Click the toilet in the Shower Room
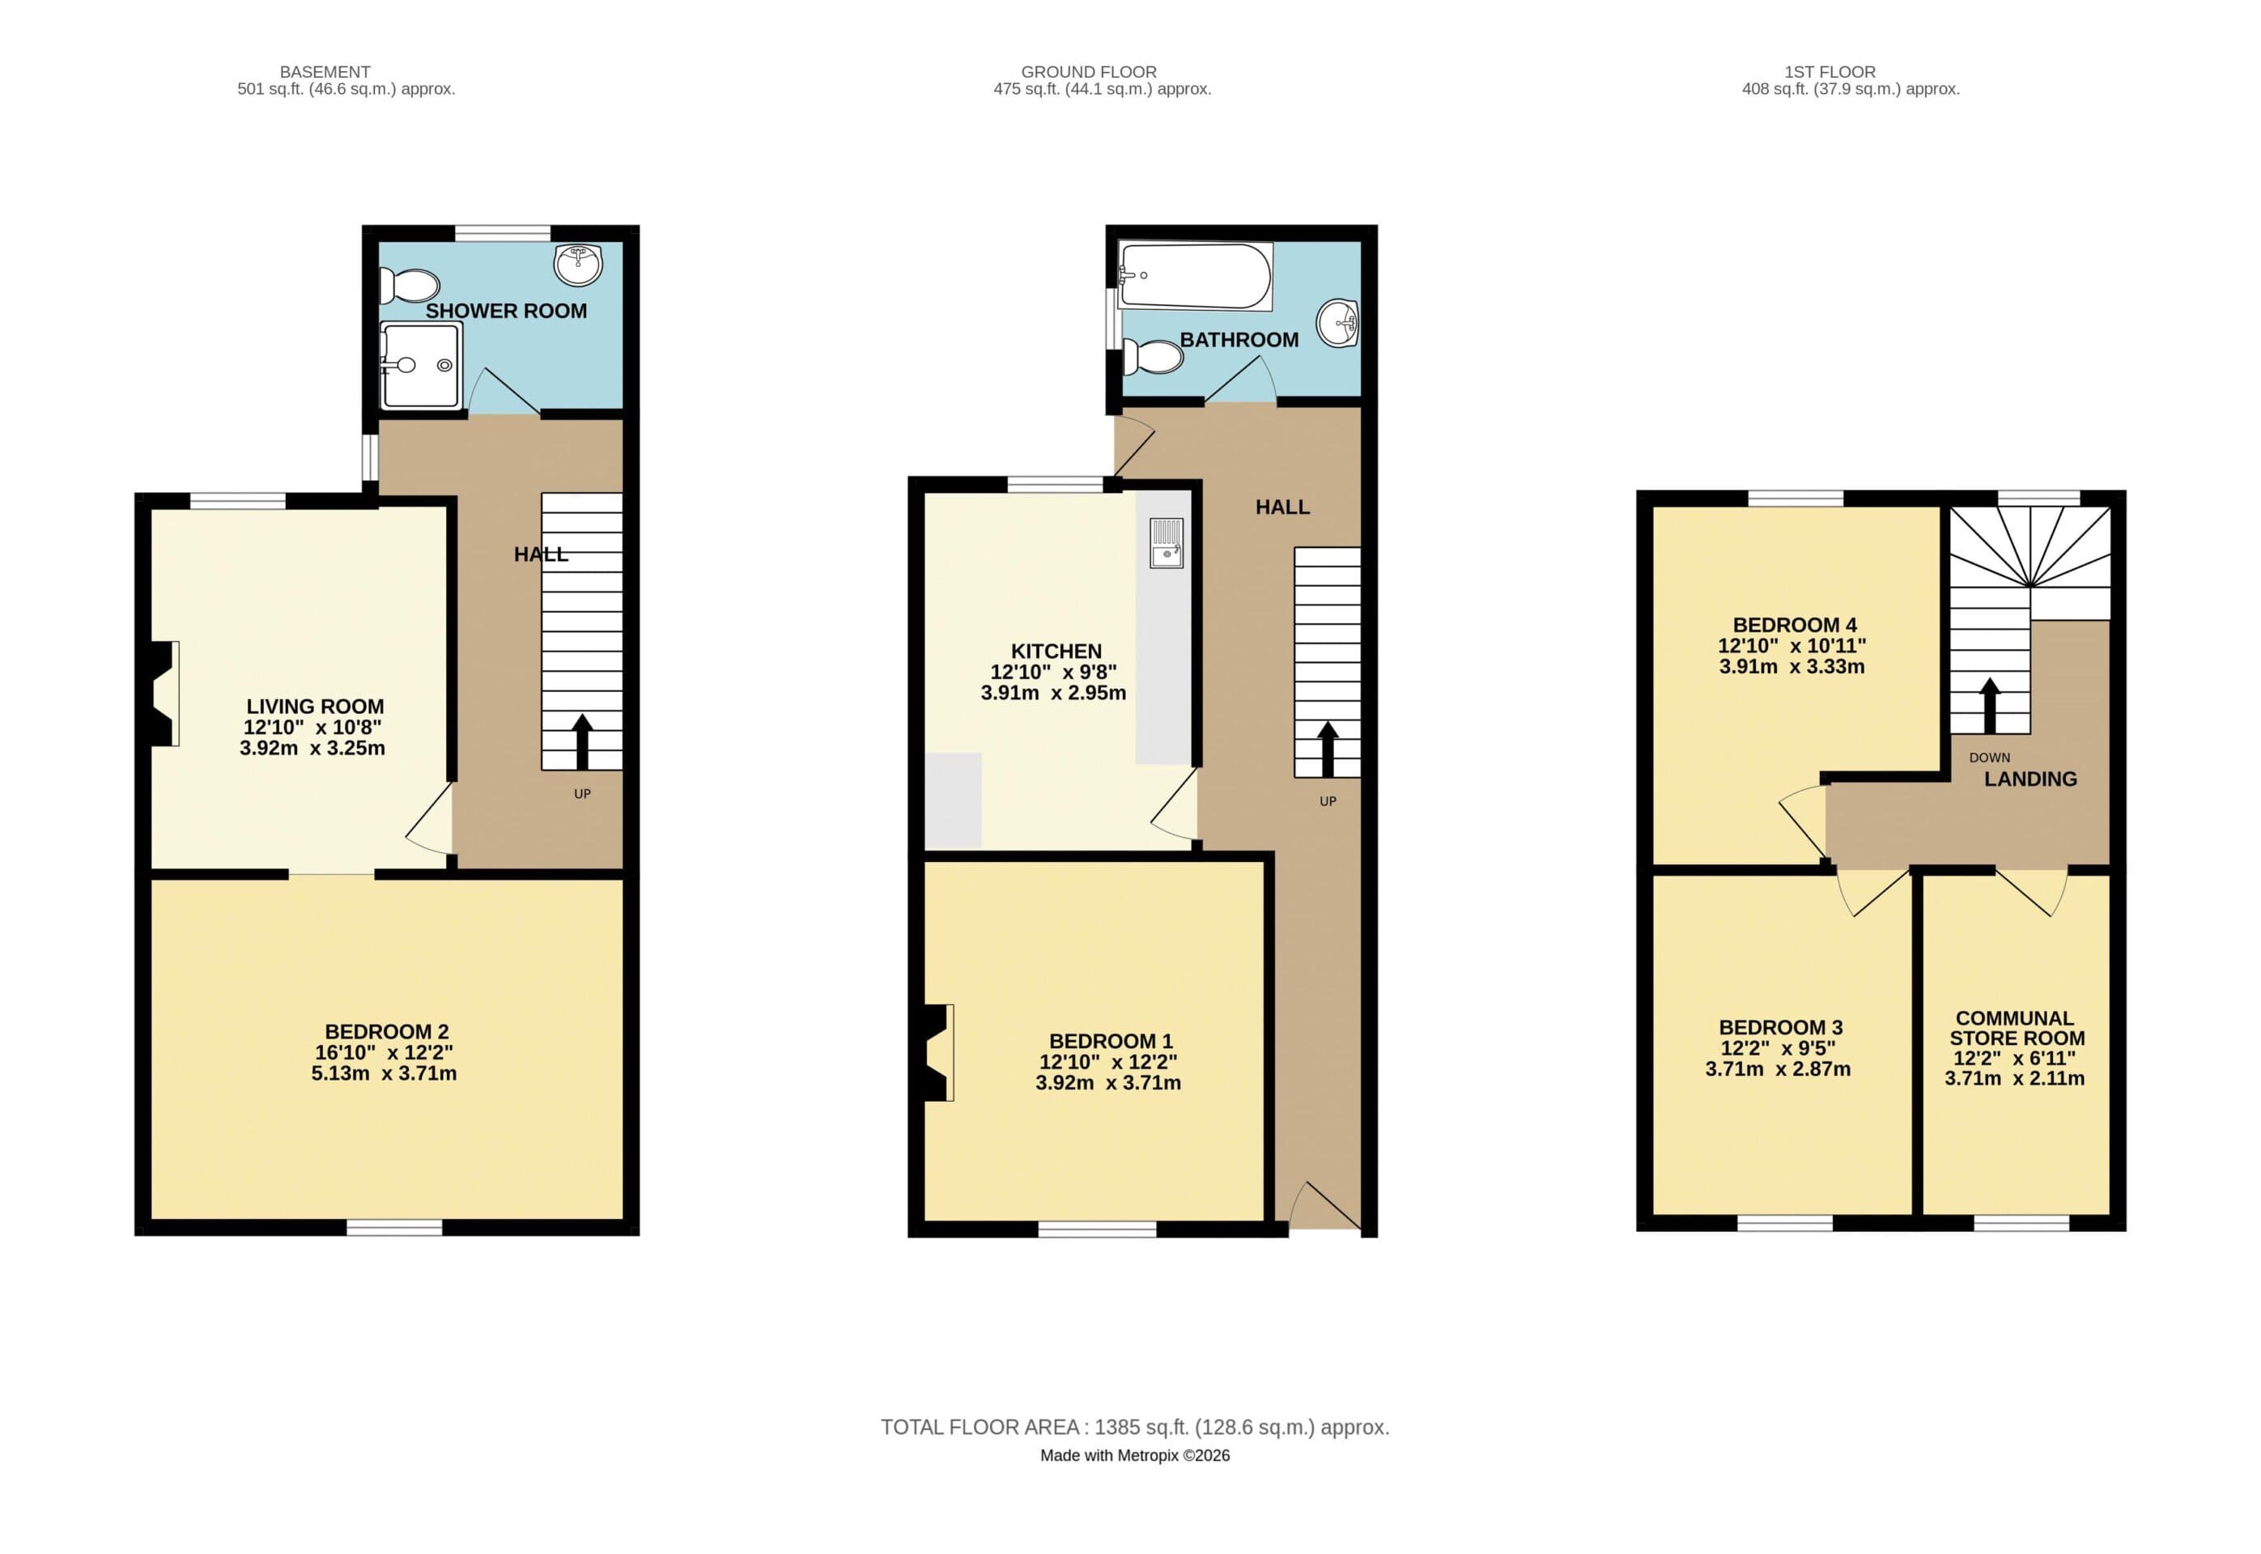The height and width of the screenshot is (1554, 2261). click(x=410, y=285)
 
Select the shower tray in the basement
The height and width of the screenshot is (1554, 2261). click(x=421, y=365)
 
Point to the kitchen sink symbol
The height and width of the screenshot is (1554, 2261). click(x=1166, y=543)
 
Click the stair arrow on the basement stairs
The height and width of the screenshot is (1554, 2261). click(x=582, y=742)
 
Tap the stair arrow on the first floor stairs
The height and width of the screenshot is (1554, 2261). click(x=1989, y=705)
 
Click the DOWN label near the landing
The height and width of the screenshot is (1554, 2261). click(x=1989, y=757)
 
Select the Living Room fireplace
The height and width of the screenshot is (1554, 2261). click(x=162, y=694)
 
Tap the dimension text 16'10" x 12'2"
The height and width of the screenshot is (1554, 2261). click(x=384, y=1052)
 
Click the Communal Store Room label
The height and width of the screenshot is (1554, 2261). click(x=2015, y=1027)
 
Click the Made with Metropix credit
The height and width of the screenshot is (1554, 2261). click(x=1134, y=1455)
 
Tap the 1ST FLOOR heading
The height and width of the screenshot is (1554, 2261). click(x=1829, y=72)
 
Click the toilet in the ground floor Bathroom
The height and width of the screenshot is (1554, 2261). click(x=1153, y=356)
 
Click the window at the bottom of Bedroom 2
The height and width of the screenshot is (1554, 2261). click(x=394, y=1228)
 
